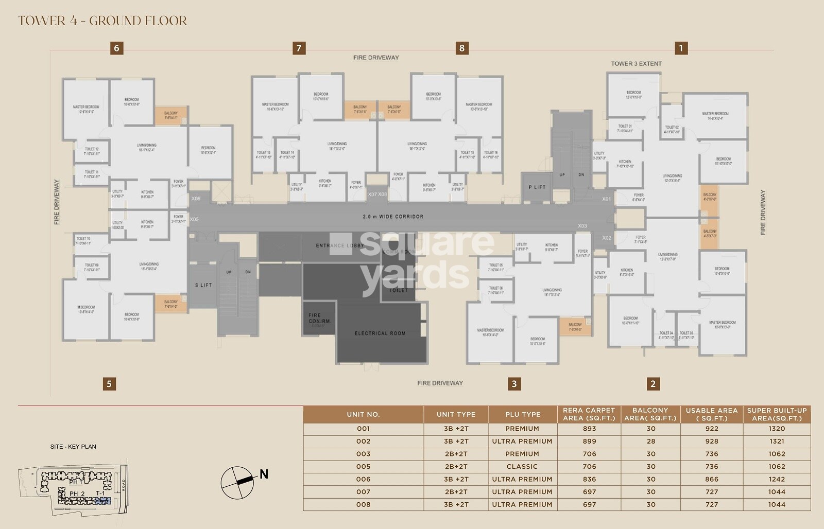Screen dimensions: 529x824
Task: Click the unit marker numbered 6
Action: pyautogui.click(x=116, y=48)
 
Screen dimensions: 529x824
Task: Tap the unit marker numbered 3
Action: pyautogui.click(x=514, y=383)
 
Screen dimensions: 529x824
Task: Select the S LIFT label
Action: pyautogui.click(x=203, y=285)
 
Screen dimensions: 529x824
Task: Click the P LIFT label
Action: pyautogui.click(x=537, y=187)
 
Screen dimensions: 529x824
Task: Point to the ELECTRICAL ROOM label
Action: pyautogui.click(x=380, y=333)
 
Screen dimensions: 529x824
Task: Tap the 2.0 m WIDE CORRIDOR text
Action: pyautogui.click(x=393, y=217)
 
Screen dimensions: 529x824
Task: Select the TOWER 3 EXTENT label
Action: pyautogui.click(x=636, y=64)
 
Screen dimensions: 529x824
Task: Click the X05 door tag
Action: pyautogui.click(x=194, y=220)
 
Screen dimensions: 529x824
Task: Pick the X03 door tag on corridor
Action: pyautogui.click(x=582, y=226)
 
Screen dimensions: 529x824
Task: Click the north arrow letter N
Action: pyautogui.click(x=264, y=474)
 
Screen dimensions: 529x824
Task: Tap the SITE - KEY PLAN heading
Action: pyautogui.click(x=73, y=447)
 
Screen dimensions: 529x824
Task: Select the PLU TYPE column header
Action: pyautogui.click(x=523, y=414)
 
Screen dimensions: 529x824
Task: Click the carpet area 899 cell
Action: pyautogui.click(x=589, y=441)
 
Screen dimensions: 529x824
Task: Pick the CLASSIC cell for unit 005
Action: pyautogui.click(x=522, y=466)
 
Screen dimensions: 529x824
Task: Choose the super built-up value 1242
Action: pyautogui.click(x=777, y=479)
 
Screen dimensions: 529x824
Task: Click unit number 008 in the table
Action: pyautogui.click(x=363, y=504)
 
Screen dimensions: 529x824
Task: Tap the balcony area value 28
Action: pyautogui.click(x=651, y=441)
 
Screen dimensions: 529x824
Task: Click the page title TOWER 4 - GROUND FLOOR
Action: pyautogui.click(x=102, y=21)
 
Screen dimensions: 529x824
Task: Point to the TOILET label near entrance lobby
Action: pyautogui.click(x=398, y=290)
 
